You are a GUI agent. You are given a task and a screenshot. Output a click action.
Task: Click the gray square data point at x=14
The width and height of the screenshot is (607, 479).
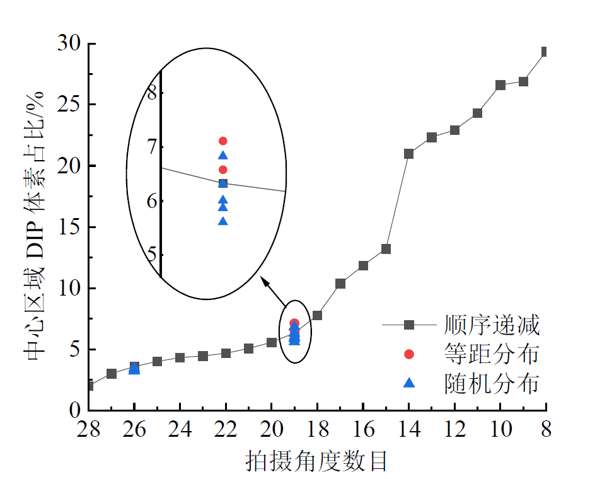[x=408, y=154]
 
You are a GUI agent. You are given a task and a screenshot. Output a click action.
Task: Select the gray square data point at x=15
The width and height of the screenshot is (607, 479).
[x=386, y=249]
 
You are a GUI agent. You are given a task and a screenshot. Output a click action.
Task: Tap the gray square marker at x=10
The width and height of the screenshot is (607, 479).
[x=500, y=85]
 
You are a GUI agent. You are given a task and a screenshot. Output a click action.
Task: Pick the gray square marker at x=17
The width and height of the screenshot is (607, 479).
[x=340, y=284]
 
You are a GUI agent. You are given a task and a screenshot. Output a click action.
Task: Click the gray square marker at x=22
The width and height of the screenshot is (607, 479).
[x=226, y=353]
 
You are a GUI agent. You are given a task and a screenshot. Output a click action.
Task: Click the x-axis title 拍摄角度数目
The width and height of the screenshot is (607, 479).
[x=316, y=461]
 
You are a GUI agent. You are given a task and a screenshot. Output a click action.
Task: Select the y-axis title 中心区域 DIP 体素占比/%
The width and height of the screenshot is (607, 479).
[x=35, y=226]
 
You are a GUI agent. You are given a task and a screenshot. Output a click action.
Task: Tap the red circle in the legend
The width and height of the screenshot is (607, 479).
[x=409, y=354]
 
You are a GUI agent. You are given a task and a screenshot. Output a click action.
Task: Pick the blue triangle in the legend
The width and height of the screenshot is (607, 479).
[x=409, y=383]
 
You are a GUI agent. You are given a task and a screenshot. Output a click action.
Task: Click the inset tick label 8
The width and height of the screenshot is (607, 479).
[x=151, y=93]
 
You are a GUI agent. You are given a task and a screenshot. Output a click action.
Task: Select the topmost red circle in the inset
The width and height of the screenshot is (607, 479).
[x=223, y=141]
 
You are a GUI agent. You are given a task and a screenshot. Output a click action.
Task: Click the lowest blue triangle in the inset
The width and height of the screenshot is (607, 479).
[x=223, y=221]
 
